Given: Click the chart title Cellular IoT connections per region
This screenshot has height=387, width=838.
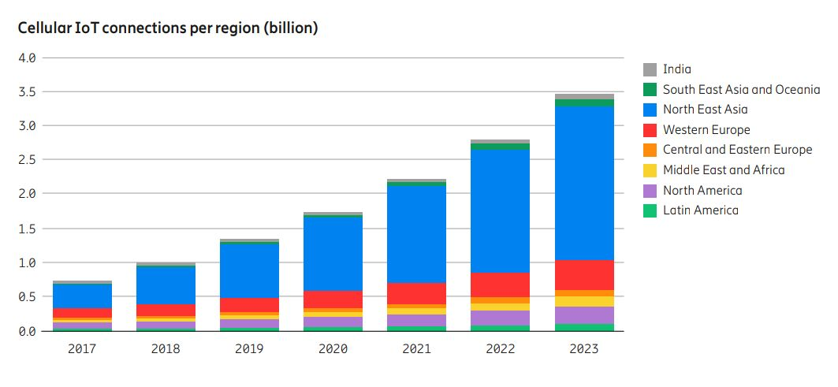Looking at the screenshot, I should coord(168,28).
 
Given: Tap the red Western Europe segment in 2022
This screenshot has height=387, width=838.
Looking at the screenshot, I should coord(501,285).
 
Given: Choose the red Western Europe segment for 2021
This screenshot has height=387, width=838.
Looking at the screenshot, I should coord(416,293).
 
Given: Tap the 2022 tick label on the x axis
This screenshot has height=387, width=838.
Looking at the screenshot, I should coord(501,348).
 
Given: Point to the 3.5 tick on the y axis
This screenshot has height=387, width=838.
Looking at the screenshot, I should coord(27,92).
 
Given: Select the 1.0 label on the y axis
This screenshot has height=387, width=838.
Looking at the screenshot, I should coord(27,262).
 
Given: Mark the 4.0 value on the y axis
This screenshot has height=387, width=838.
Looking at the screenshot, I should coord(27,58).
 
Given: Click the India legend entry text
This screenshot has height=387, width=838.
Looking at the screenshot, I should coord(676,69).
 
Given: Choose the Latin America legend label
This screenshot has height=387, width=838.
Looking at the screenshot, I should coord(700,210).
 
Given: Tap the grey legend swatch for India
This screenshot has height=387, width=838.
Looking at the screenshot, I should coord(650,69).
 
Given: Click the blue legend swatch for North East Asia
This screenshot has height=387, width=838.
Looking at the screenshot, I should coord(650,110).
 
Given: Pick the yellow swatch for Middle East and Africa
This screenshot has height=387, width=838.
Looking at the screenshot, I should coord(650,170).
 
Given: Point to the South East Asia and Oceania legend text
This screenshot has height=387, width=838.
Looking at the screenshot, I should coord(740,90).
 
